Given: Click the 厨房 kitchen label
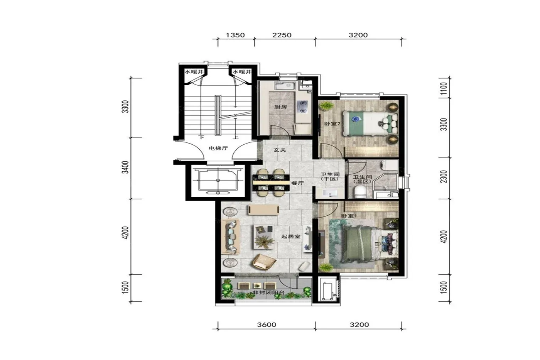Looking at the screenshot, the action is point(281,106).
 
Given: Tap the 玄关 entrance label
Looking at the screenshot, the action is point(280,150).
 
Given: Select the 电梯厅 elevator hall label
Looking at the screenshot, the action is point(218,148).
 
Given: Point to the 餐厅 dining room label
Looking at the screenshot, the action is point(297,183).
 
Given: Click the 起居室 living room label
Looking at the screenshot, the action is point(291,236).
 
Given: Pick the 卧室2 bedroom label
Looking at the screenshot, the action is point(332,124).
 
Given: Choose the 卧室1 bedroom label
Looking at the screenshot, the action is point(349,216).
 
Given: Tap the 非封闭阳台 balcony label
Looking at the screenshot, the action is point(268,293).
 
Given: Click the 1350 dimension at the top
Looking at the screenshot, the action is point(235,35).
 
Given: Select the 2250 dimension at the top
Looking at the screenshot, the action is point(282,35).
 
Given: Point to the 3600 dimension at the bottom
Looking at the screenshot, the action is point(267,325).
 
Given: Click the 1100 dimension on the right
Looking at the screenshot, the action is point(444,88).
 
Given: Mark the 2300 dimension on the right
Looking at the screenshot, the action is point(444,176).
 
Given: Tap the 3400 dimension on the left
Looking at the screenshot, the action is point(125,167).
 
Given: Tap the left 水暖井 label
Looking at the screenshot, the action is point(194,72).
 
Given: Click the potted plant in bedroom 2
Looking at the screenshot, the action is point(327,106).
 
